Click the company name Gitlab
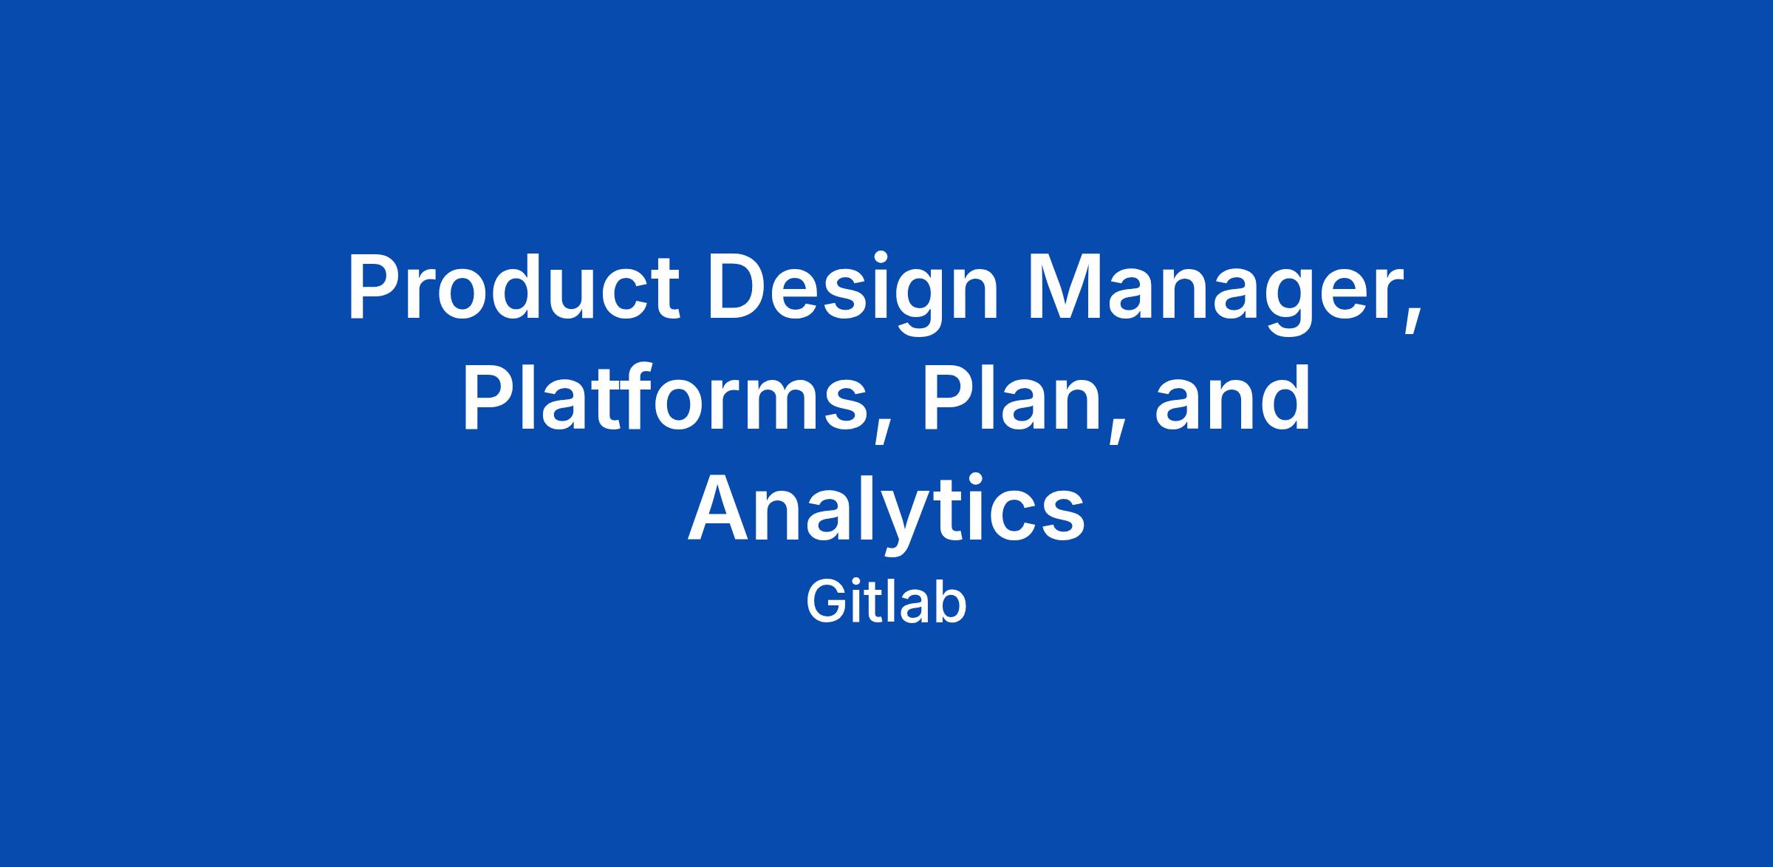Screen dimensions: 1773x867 [886, 603]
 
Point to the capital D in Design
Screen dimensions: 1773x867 [736, 288]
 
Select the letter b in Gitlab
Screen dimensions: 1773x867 [951, 603]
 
